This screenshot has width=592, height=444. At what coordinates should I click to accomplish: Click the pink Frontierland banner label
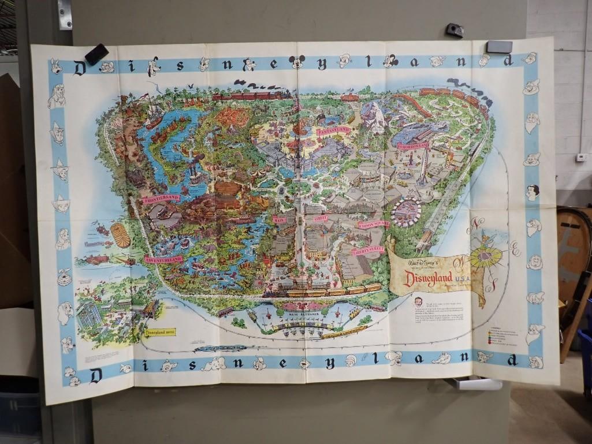(x=161, y=199)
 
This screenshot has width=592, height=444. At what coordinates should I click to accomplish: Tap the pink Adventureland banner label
(x=163, y=260)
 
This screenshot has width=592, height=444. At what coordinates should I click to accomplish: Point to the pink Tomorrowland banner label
(x=412, y=145)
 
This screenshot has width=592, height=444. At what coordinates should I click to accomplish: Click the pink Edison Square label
(x=373, y=224)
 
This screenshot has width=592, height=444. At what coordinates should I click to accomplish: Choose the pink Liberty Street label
(x=368, y=251)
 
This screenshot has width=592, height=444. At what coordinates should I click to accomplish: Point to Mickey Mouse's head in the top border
(x=297, y=61)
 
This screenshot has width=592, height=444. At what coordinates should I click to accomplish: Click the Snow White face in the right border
(x=532, y=192)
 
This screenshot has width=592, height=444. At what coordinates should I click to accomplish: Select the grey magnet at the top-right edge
(x=499, y=47)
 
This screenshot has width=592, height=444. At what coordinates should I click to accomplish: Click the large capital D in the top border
(x=80, y=68)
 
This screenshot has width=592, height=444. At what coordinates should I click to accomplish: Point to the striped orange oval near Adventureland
(x=121, y=235)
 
